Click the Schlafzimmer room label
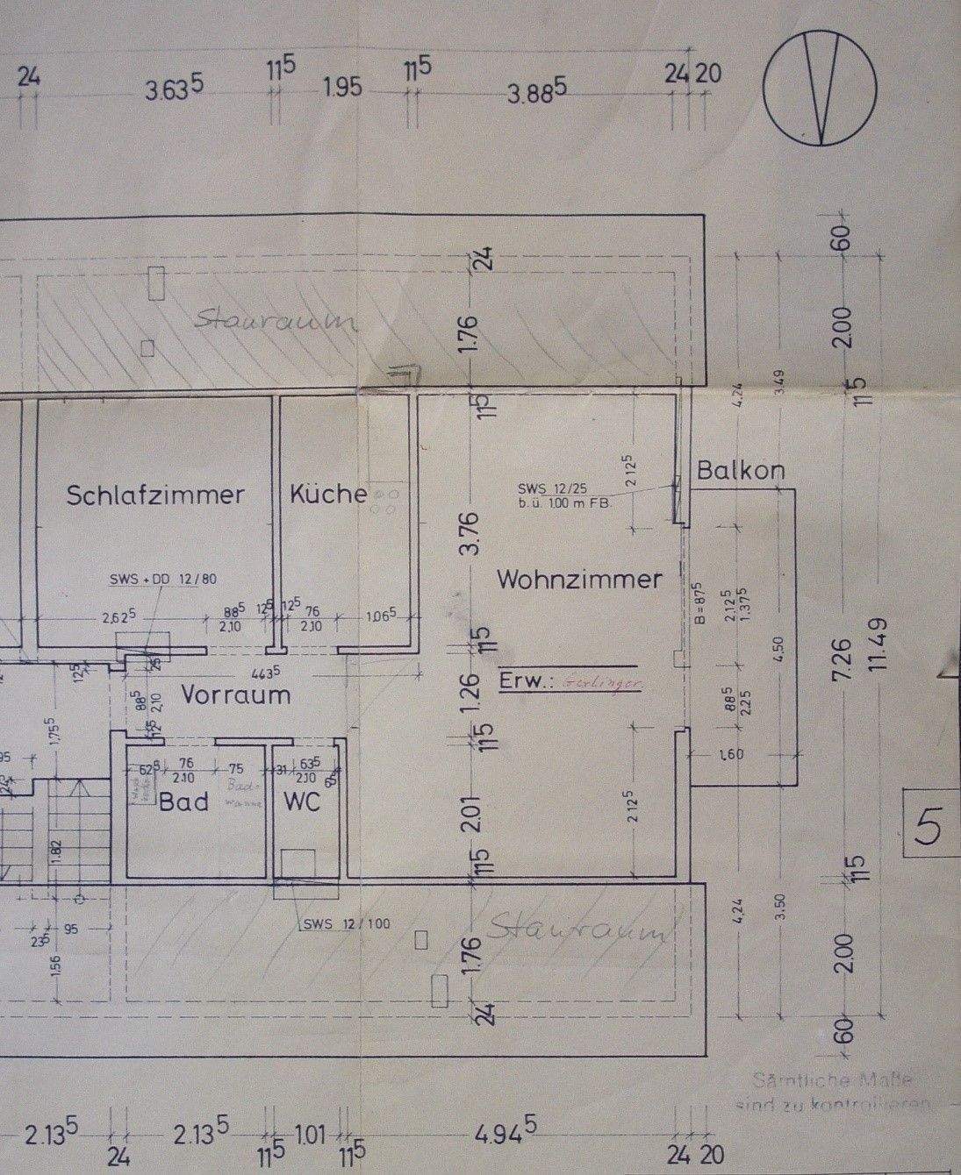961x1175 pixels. tap(155, 495)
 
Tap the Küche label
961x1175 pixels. tap(327, 494)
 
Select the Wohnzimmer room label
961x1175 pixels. tap(579, 579)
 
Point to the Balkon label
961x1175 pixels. tap(741, 471)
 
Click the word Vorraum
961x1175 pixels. tap(235, 695)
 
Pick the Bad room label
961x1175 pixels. tap(183, 801)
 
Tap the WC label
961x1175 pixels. tap(301, 801)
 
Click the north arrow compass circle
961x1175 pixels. tap(821, 88)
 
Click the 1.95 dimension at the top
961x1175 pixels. tap(342, 89)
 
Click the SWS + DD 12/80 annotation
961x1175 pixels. tap(164, 580)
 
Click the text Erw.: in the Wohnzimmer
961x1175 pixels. tap(523, 680)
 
